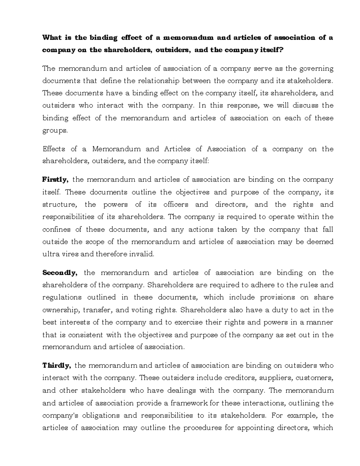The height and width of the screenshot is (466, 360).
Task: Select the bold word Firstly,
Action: click(55, 180)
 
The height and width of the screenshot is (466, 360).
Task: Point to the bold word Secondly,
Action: click(60, 273)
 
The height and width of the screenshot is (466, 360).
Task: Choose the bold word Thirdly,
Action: click(56, 365)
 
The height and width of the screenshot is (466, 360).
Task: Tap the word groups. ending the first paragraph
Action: click(55, 131)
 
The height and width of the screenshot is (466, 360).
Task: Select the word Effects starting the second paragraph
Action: click(54, 149)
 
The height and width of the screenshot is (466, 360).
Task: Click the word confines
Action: click(56, 230)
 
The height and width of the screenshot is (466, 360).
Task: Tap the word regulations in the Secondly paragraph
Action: click(62, 297)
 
